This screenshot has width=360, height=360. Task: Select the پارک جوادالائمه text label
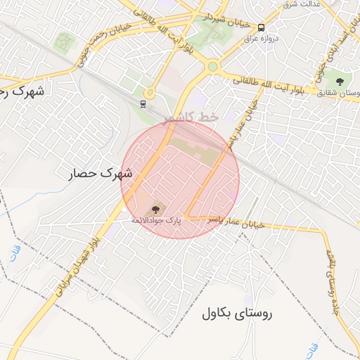155,221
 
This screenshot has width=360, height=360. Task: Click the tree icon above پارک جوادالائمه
155,209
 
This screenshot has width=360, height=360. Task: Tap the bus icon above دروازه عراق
262,27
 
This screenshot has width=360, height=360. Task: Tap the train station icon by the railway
143,105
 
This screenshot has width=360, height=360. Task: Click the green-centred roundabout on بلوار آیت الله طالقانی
212,67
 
